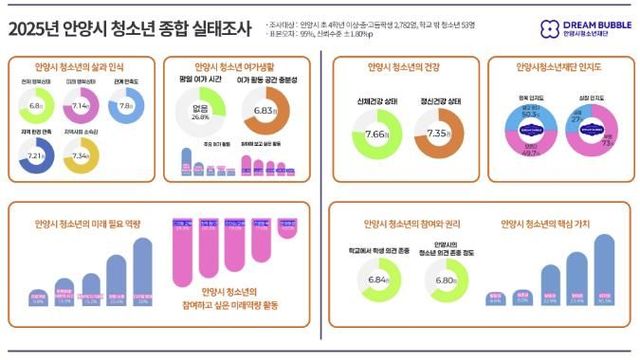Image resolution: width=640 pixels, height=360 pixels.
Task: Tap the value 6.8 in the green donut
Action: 37,105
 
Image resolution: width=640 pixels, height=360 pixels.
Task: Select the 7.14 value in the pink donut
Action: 82,105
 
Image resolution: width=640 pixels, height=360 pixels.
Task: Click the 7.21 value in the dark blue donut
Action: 37,156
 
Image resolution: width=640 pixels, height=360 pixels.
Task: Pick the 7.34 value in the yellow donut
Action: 82,156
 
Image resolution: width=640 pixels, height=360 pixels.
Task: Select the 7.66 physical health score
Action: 378,134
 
